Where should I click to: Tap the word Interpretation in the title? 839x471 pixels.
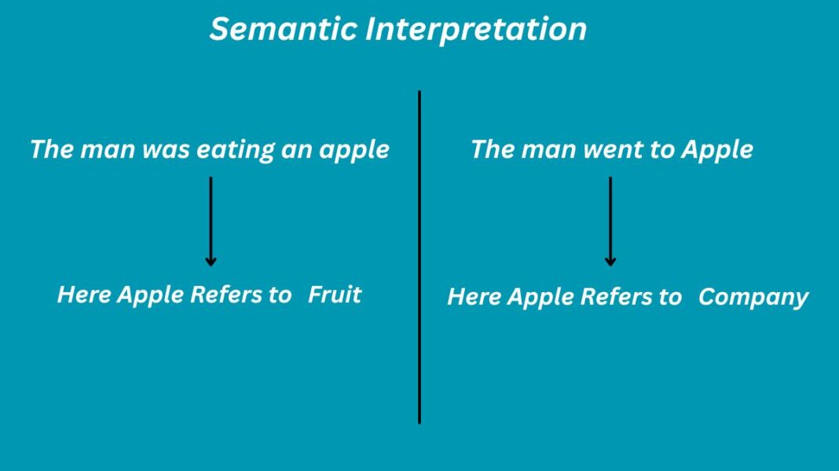(x=475, y=30)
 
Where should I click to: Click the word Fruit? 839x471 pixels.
(x=335, y=295)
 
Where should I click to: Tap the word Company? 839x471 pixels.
(x=753, y=298)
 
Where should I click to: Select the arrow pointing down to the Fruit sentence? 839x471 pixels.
(x=211, y=220)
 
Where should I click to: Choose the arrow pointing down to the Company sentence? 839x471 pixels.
(x=610, y=220)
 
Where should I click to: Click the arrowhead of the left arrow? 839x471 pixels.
(x=211, y=261)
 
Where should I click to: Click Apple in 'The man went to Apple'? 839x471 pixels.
(x=716, y=150)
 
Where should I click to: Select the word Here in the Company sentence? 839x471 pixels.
(x=474, y=298)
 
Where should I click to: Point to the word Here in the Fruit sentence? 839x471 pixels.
(x=84, y=295)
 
